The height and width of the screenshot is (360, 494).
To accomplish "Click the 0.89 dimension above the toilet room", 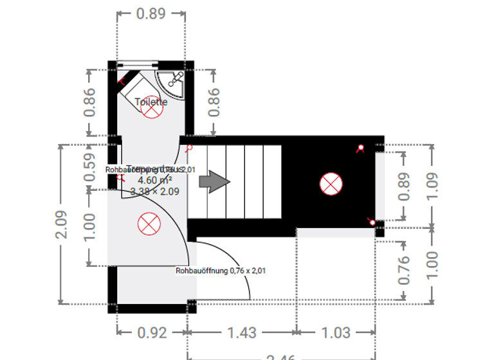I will click(151, 14).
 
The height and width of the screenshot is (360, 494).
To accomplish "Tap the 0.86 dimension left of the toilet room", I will click(89, 101).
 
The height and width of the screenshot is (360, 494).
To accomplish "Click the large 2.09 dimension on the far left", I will click(61, 224).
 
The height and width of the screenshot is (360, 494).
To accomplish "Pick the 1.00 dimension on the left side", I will click(89, 228).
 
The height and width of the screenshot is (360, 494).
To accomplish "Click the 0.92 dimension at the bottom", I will click(152, 333).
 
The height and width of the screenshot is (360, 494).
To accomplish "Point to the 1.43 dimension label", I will click(242, 333).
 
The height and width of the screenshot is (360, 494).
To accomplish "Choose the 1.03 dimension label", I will click(336, 333).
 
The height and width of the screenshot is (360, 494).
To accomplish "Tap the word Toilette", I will click(151, 102).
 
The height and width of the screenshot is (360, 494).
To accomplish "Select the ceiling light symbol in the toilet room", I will click(151, 110).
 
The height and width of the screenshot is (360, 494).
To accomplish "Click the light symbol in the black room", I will click(331, 184).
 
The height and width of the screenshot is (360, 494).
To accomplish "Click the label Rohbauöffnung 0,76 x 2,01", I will click(221, 271).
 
